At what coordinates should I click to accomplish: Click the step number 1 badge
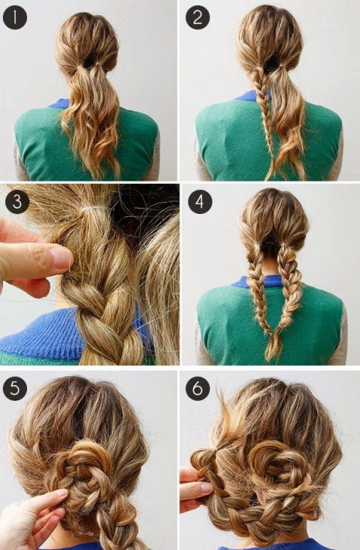[x=15, y=17]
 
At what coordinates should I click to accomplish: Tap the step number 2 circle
[x=198, y=17]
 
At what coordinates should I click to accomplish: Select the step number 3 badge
[x=17, y=202]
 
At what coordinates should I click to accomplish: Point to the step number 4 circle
[x=200, y=202]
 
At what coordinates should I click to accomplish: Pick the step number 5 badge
[x=15, y=389]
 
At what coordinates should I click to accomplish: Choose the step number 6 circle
[x=198, y=389]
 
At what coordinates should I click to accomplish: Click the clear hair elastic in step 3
[x=93, y=210]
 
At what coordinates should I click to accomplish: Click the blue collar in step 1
[x=60, y=103]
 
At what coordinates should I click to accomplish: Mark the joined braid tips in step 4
[x=274, y=346]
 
